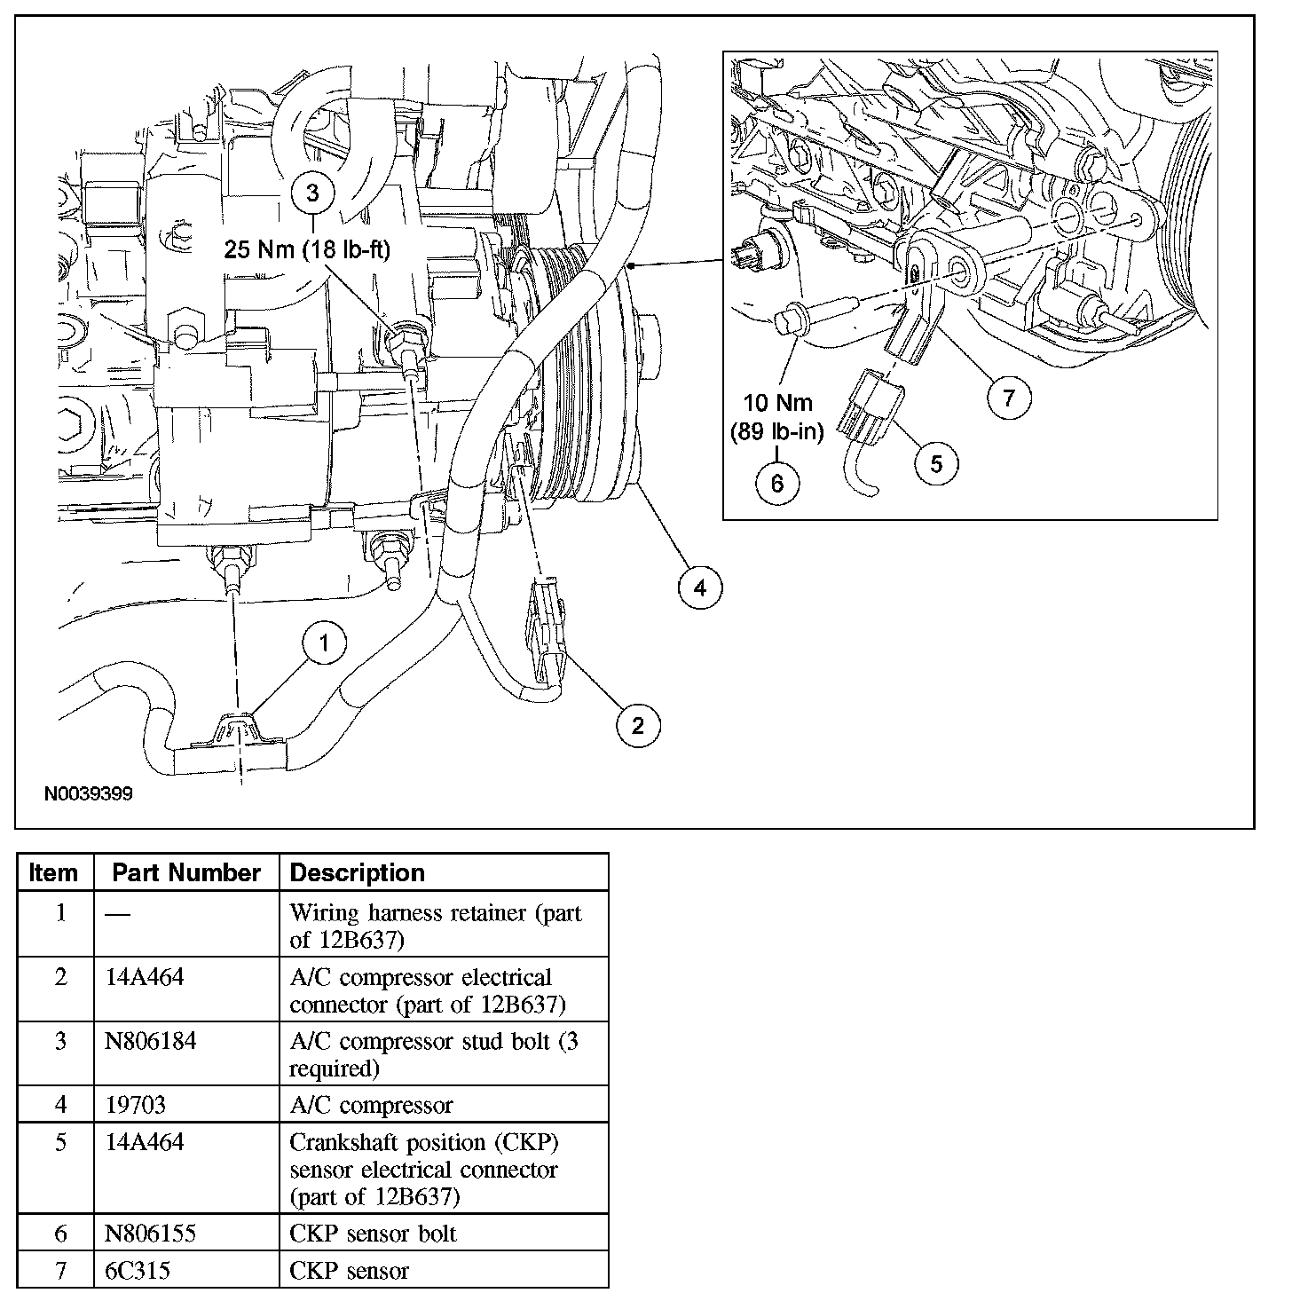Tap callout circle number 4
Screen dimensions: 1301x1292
(700, 587)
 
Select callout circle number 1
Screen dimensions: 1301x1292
(323, 643)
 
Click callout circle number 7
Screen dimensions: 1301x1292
(1009, 398)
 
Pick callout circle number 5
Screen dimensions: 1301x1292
(937, 462)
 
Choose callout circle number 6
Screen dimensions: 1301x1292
(777, 483)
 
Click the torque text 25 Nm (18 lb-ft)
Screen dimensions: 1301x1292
(307, 250)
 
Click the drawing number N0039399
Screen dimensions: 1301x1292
(89, 794)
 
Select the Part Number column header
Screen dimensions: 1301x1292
(186, 873)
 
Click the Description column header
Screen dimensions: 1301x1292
(358, 873)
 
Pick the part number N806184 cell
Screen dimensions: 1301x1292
(151, 1041)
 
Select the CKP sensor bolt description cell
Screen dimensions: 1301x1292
(373, 1234)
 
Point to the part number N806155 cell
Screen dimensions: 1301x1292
(151, 1234)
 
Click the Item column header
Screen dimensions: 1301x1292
(54, 873)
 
